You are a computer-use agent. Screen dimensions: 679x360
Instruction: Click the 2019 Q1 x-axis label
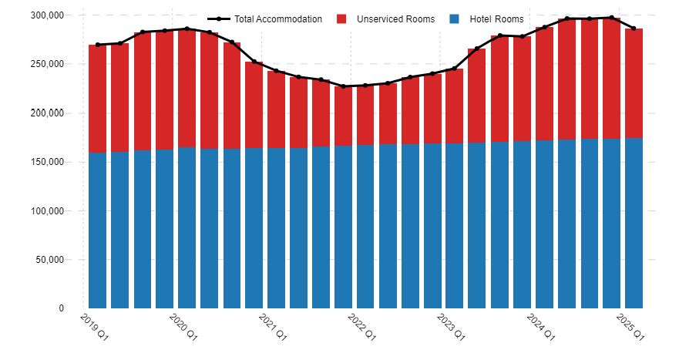click(94, 327)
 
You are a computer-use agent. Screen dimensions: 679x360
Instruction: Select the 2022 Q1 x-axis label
click(361, 327)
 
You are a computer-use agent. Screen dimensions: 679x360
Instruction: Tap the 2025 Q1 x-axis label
click(630, 327)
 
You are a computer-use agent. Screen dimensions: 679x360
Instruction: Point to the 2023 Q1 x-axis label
click(451, 327)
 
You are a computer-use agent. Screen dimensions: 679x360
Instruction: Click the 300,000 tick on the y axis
click(47, 15)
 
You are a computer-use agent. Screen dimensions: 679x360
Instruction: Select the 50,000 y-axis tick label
click(49, 260)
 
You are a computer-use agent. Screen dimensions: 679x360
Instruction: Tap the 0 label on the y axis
click(62, 308)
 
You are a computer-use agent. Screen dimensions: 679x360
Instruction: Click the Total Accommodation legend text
click(278, 19)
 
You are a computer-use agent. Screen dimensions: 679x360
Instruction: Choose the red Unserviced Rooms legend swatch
click(341, 19)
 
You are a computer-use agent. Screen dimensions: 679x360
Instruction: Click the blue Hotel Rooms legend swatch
click(454, 19)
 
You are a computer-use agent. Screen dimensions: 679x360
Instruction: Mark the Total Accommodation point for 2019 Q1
click(97, 45)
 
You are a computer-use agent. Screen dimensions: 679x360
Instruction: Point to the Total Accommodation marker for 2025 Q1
click(634, 29)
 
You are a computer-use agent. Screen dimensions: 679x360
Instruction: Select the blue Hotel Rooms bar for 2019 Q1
click(97, 230)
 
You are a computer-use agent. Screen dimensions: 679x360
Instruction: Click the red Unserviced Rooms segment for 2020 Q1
click(187, 88)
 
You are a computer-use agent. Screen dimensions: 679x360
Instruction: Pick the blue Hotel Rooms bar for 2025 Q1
click(634, 223)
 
